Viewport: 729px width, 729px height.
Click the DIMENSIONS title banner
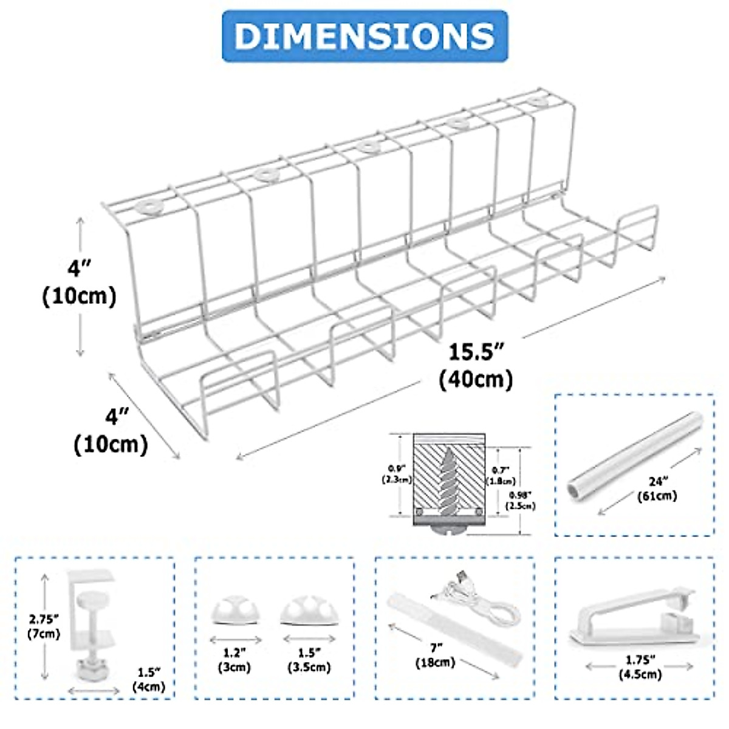pos(364,36)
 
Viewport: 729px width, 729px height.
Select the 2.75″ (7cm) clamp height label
pos(44,626)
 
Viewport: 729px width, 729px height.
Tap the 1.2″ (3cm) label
pos(234,660)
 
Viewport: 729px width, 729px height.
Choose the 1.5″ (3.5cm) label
pos(308,660)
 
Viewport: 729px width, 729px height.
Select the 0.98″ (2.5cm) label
pos(522,499)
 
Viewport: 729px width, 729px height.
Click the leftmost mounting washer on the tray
pos(149,207)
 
